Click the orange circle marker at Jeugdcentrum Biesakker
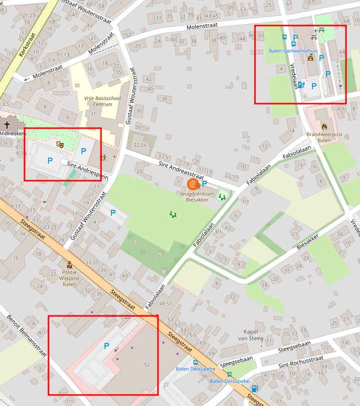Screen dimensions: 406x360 tap(192, 184)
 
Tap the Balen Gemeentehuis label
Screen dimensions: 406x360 tap(293, 51)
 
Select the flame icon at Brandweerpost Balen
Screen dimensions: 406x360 tap(324, 126)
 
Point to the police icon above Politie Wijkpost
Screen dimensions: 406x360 tap(69, 265)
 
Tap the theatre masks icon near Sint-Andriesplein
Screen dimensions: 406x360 tap(60, 145)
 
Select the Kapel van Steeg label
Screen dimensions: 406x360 tap(253, 335)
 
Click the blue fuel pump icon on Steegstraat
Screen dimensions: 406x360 tap(254, 388)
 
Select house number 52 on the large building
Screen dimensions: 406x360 tap(147, 364)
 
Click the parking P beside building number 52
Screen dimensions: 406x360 tap(106, 346)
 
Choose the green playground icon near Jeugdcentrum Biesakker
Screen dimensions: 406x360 tap(222, 197)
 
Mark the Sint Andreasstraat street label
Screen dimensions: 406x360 tap(180, 170)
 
